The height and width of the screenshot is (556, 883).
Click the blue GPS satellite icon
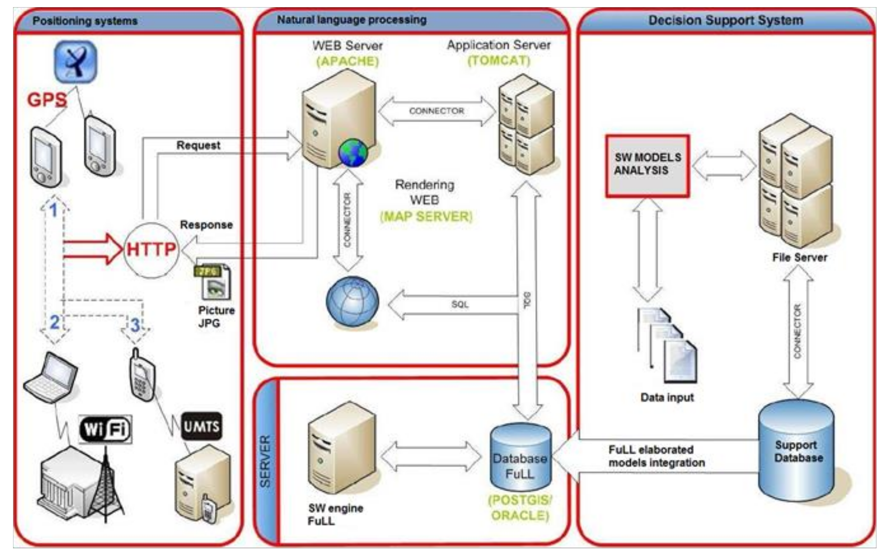(76, 62)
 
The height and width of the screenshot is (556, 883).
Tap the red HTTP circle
(151, 250)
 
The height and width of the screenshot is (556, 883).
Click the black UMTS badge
(201, 426)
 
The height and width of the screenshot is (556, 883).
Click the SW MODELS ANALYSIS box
(647, 166)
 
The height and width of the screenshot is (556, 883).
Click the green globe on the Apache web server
(353, 153)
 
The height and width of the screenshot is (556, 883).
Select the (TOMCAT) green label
(499, 60)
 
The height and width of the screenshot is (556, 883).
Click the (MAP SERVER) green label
(426, 217)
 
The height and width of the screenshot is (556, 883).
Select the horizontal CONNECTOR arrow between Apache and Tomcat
(437, 111)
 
